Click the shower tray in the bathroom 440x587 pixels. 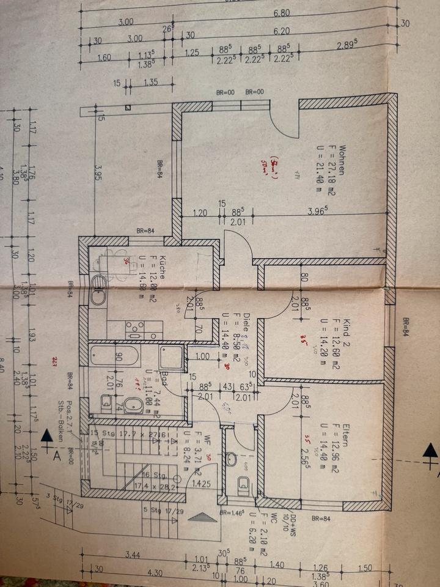tap(170, 358)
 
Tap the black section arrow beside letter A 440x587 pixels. tap(47, 437)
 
